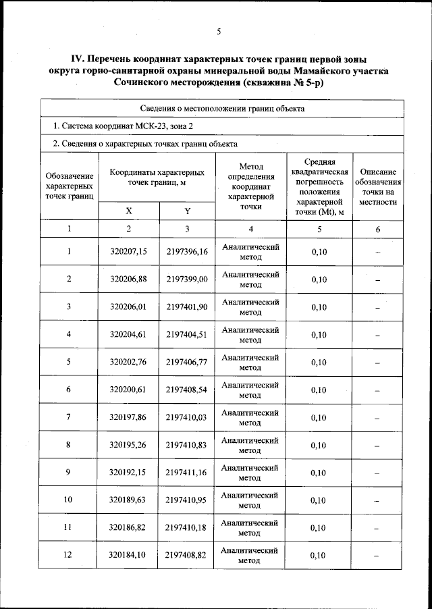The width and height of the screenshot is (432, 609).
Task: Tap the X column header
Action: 128,211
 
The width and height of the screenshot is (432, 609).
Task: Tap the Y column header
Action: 187,211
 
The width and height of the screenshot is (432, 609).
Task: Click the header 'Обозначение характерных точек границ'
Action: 69,186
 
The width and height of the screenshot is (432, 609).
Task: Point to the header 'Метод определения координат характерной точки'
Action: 250,186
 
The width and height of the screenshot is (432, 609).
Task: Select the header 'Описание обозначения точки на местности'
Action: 377,186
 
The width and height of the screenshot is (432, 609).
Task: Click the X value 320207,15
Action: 128,252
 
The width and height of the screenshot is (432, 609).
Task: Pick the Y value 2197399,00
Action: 187,279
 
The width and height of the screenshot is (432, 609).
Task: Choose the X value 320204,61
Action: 128,334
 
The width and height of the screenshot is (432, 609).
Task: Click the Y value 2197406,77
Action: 187,362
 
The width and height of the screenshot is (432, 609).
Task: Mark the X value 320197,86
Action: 128,417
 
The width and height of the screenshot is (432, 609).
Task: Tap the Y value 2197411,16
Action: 187,473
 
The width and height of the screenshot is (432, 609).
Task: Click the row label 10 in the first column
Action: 69,500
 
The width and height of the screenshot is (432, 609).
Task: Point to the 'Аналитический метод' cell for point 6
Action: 250,390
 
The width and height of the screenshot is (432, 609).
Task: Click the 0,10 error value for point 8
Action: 319,445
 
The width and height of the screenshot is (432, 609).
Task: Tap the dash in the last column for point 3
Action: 377,307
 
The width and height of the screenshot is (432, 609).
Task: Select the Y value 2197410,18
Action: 187,527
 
